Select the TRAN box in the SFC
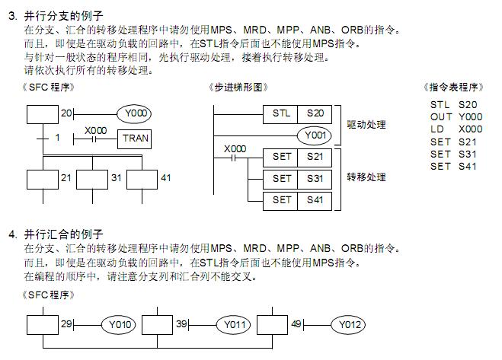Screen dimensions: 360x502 tap(135, 139)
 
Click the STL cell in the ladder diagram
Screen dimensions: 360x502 tap(280, 114)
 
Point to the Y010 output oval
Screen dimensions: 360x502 tap(120, 326)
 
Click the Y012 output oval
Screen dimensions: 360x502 tap(349, 326)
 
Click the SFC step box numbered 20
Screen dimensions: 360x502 tap(42, 114)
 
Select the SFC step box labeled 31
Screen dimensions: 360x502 tap(92, 178)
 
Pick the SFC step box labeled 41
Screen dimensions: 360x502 tap(142, 178)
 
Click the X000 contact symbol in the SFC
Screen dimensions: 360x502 tap(96, 139)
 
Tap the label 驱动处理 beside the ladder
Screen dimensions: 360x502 tap(366, 124)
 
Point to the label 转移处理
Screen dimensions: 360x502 tap(366, 177)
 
